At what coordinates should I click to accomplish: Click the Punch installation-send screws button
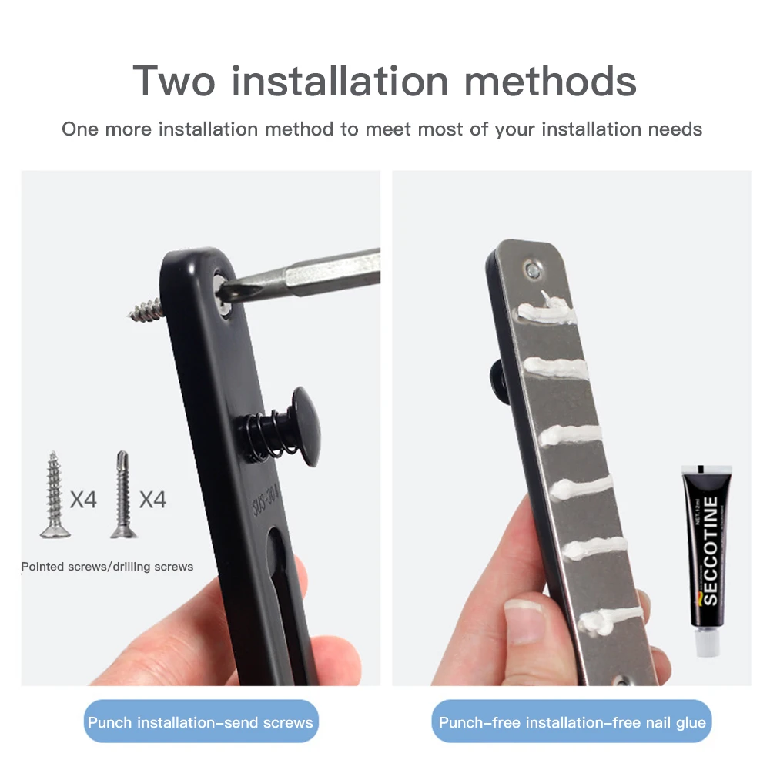(x=200, y=721)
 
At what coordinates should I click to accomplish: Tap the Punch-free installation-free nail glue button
(x=571, y=721)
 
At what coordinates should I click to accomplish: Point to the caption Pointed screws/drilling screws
(x=107, y=567)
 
